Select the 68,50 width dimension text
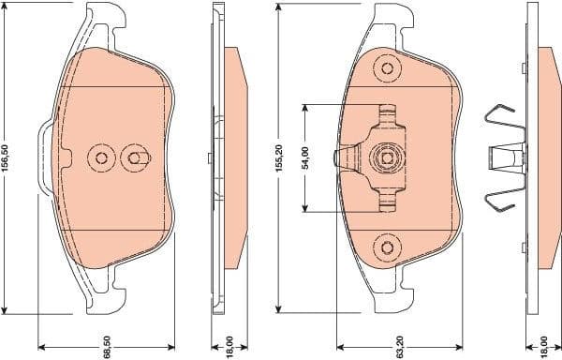coord(108,347)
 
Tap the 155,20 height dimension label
coord(278,157)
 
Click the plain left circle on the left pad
coord(99,157)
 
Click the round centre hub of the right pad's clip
coord(385,157)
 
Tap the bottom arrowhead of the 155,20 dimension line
coord(278,308)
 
